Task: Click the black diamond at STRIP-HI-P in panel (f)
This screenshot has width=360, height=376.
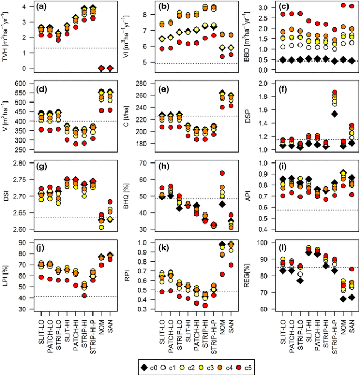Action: tap(334, 114)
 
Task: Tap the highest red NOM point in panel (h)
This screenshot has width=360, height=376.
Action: tap(222, 173)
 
